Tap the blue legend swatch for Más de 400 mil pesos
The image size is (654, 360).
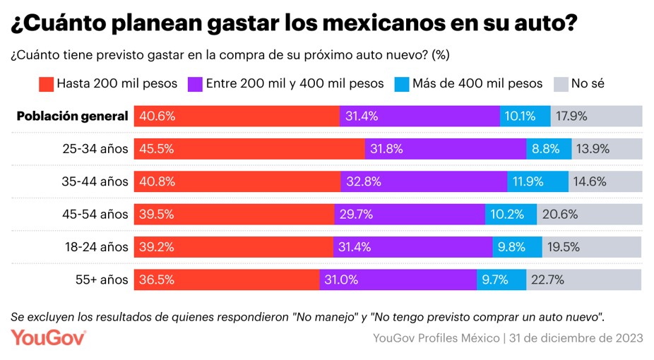click(x=400, y=83)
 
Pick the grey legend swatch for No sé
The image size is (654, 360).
click(x=560, y=83)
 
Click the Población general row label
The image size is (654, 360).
click(x=72, y=116)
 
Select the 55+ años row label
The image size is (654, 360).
click(x=102, y=280)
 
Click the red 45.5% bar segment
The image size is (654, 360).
click(x=250, y=149)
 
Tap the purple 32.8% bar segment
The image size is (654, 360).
click(x=424, y=181)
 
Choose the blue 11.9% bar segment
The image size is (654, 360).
click(x=537, y=181)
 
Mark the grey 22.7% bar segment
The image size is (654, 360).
click(x=584, y=280)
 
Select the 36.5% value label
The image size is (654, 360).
click(x=157, y=280)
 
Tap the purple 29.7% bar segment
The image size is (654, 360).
click(x=410, y=214)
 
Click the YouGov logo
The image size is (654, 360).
click(x=49, y=337)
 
